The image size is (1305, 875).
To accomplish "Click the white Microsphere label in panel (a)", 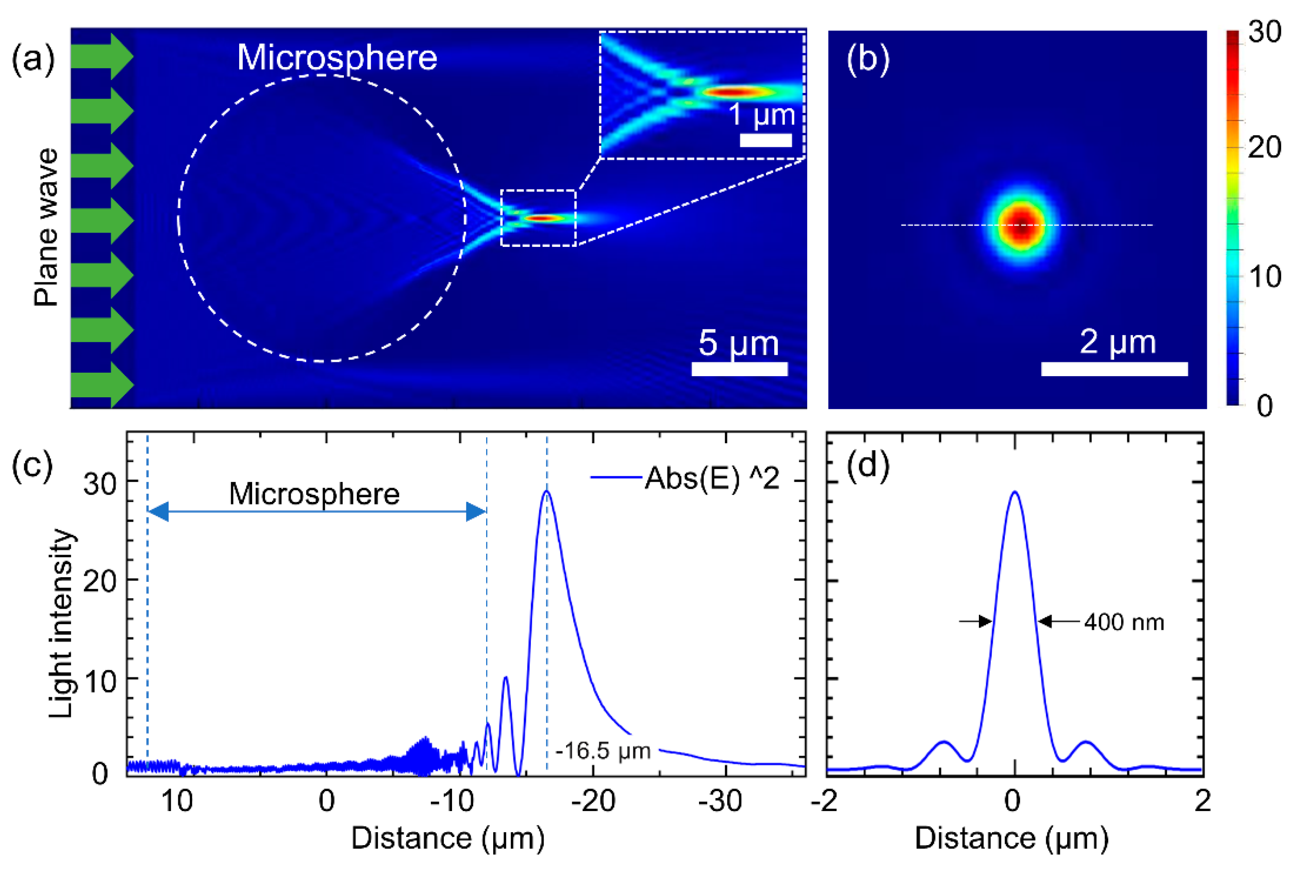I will [x=337, y=57].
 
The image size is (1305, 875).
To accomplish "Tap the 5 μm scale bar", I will [x=739, y=369].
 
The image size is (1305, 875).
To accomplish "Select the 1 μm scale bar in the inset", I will [x=765, y=140].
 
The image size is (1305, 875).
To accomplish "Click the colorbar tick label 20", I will [x=1264, y=148].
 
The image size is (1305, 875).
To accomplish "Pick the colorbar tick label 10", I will [x=1264, y=277].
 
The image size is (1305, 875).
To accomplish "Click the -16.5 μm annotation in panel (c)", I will [x=603, y=751].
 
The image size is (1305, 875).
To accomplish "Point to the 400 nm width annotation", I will [x=1124, y=622].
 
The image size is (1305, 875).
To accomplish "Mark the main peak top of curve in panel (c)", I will [x=546, y=492].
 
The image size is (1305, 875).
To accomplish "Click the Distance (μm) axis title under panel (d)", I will [x=1011, y=839].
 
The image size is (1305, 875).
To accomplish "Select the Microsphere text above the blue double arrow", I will [x=314, y=494].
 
